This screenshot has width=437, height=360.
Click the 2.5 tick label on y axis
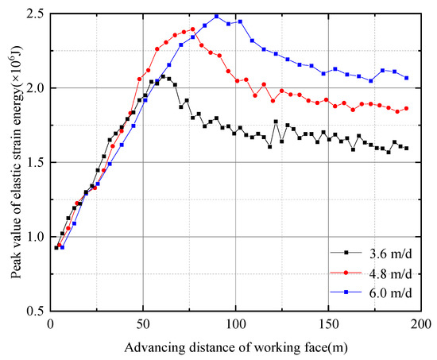pyautogui.click(x=36, y=14)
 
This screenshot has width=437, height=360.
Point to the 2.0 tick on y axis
pyautogui.click(x=36, y=88)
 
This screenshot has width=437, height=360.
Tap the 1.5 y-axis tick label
pyautogui.click(x=36, y=163)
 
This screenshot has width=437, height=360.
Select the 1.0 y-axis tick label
pyautogui.click(x=36, y=237)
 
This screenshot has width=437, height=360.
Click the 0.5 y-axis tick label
pyautogui.click(x=36, y=312)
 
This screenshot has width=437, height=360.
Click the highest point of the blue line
pyautogui.click(x=216, y=16)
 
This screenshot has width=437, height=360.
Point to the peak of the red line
pyautogui.click(x=192, y=29)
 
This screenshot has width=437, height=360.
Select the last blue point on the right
pyautogui.click(x=407, y=78)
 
